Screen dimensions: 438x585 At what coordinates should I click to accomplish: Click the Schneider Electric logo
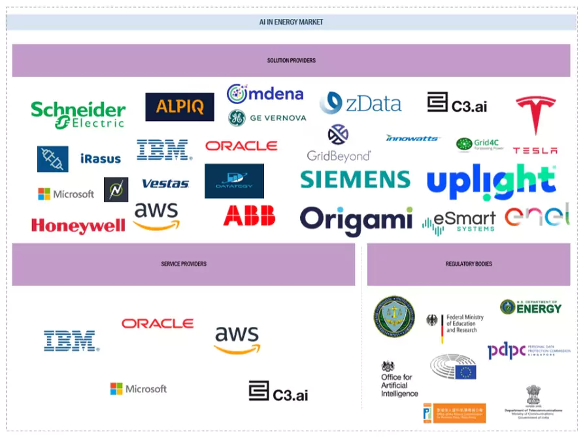click(78, 114)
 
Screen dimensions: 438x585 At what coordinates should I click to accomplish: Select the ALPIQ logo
click(179, 107)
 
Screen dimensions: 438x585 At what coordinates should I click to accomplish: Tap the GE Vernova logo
click(267, 118)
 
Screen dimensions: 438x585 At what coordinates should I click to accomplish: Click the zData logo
click(360, 103)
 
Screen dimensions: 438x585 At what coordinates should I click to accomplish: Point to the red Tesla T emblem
click(535, 113)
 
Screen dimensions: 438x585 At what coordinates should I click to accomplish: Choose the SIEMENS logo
click(355, 179)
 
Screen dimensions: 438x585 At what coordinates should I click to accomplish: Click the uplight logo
click(492, 180)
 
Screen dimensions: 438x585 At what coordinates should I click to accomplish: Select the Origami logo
click(356, 220)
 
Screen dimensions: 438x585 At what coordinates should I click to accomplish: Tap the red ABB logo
click(249, 215)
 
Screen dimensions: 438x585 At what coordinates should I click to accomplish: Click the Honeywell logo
click(78, 226)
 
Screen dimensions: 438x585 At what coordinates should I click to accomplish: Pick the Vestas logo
click(165, 184)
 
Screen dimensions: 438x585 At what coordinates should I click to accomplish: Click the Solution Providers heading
click(291, 61)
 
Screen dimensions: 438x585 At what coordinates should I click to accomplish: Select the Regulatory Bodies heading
click(469, 264)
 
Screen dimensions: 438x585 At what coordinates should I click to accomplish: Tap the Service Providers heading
click(184, 264)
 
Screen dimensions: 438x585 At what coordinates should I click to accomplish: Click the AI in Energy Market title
click(291, 22)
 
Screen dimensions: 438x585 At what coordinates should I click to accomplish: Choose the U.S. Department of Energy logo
click(531, 307)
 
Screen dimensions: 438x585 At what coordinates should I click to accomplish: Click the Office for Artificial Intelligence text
click(399, 386)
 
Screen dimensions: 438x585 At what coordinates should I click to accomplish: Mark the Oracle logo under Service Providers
click(157, 324)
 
